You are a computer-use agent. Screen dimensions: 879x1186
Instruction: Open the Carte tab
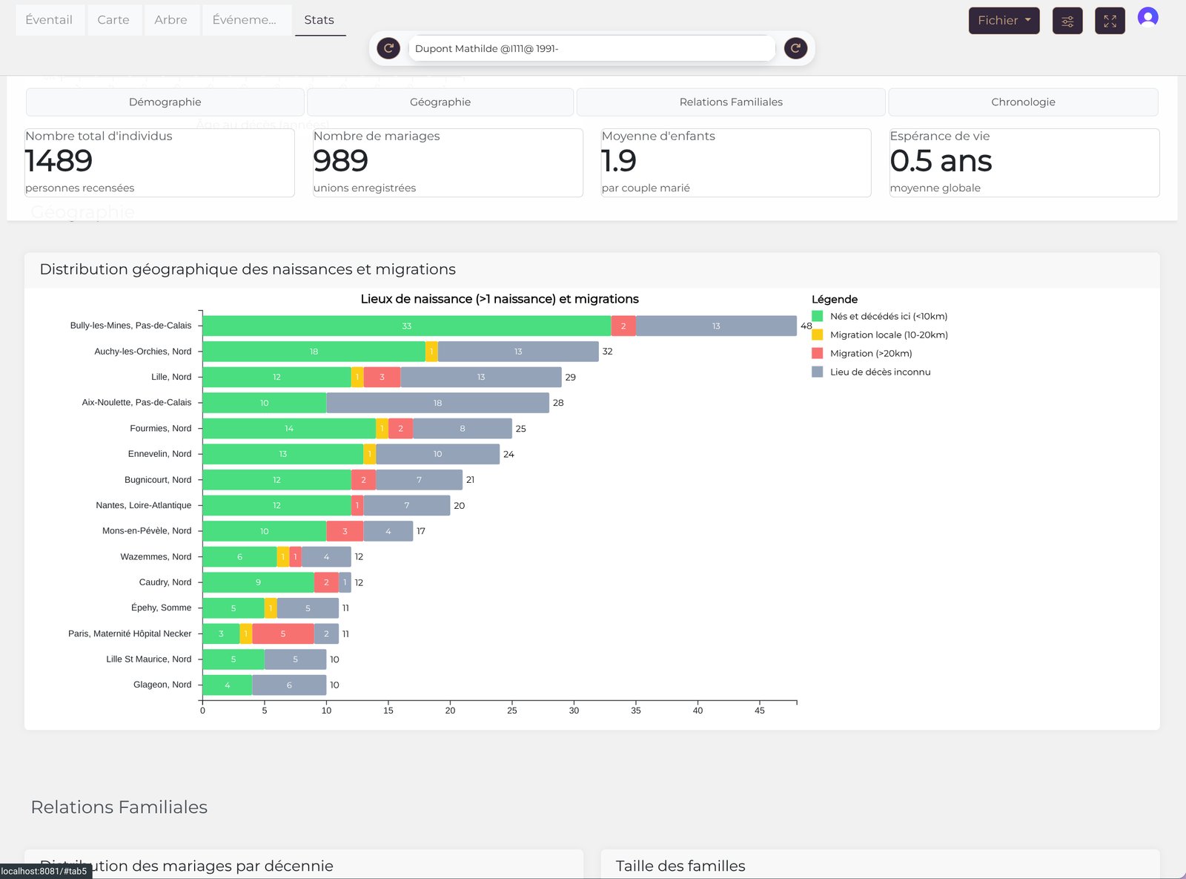113,20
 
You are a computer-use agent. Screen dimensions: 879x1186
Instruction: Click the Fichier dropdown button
1004,21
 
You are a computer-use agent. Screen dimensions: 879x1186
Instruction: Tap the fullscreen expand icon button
1110,21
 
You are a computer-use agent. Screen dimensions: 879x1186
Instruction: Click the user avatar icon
1147,18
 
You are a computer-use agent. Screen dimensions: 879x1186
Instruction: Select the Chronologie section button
1023,102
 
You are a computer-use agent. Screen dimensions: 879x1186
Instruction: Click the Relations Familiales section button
731,102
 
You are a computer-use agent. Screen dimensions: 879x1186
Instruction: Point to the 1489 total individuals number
59,161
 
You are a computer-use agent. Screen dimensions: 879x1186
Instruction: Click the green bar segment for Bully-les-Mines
406,326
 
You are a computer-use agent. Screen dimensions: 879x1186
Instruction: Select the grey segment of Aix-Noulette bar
437,403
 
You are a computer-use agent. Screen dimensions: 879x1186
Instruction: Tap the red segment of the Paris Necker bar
282,634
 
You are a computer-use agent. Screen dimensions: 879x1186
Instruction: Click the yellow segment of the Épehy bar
271,608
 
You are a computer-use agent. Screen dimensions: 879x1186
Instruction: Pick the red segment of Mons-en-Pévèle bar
345,531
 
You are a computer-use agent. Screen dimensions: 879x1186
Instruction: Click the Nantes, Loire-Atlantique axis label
143,506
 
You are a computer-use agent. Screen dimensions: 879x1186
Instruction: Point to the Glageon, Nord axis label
162,685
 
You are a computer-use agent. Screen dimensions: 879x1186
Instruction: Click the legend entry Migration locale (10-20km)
888,335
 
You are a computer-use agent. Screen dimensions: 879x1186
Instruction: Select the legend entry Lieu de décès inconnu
880,372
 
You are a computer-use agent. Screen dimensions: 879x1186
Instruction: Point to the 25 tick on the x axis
512,711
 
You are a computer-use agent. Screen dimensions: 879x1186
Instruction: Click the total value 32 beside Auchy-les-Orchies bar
607,352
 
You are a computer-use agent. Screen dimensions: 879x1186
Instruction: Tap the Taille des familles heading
680,866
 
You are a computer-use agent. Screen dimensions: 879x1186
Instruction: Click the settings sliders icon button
1067,21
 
